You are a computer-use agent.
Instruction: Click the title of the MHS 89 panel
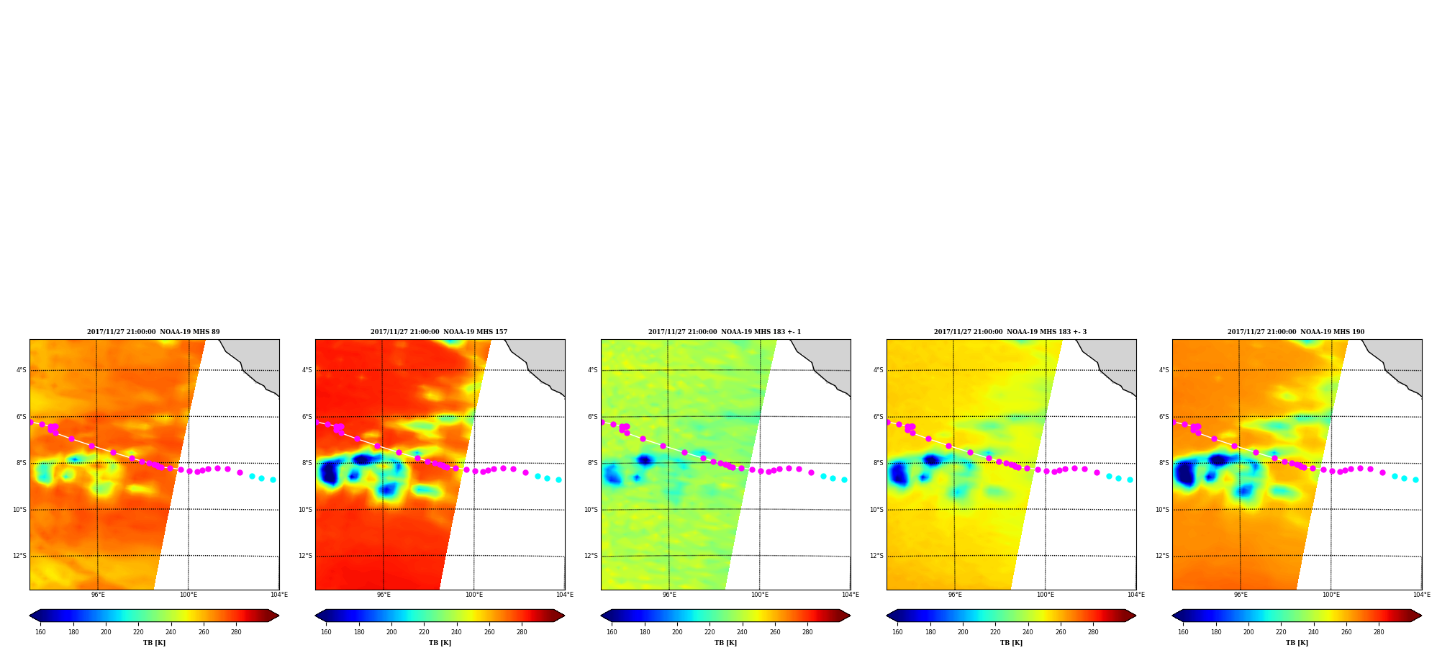153,332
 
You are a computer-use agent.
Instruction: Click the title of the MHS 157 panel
439,332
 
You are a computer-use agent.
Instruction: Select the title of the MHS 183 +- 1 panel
725,332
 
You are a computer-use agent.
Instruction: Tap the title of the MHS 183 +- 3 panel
1010,332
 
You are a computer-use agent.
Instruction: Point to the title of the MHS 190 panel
1296,332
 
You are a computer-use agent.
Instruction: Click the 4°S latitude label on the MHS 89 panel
22,371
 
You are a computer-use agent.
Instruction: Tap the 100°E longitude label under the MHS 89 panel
189,595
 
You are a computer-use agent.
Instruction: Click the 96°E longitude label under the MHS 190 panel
1241,595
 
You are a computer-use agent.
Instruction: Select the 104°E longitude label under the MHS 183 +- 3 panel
1136,595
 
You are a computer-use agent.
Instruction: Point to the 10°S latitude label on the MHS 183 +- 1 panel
591,510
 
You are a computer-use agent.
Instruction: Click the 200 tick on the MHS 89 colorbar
106,632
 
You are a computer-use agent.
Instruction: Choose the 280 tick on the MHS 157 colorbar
522,632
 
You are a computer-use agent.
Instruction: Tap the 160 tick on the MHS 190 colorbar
1183,632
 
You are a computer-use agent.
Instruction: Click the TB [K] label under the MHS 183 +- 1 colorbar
725,643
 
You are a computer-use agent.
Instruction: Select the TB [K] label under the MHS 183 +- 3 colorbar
1011,643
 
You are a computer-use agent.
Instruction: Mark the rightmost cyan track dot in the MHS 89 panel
273,479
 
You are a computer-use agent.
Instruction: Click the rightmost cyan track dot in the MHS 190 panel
1415,479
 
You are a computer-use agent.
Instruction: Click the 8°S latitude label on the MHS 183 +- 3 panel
879,464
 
